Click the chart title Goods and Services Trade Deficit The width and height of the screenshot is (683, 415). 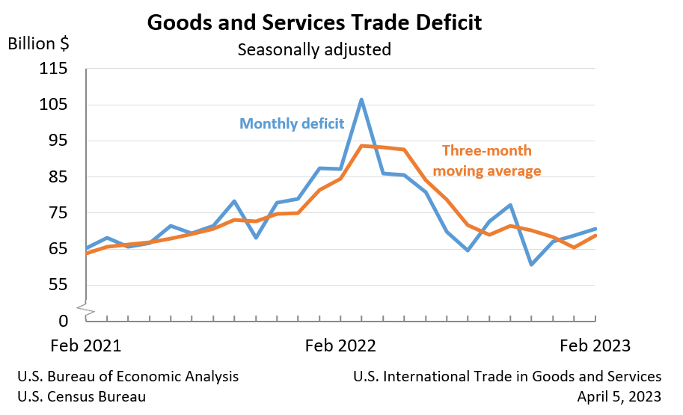coord(314,22)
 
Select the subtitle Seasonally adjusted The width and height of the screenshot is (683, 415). coord(314,50)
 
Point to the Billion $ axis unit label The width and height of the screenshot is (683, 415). coord(39,43)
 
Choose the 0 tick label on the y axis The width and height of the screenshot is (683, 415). coord(63,321)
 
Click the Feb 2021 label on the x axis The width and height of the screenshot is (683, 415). coord(85,346)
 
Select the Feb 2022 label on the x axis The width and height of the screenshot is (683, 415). coord(340,346)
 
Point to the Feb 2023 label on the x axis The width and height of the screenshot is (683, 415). coord(595,346)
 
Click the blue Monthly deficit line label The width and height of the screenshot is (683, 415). coord(292,123)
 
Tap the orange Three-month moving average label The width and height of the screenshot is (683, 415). coord(487,160)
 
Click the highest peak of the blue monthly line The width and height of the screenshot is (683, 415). coord(361,99)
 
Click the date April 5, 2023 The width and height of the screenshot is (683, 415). coord(619,396)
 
